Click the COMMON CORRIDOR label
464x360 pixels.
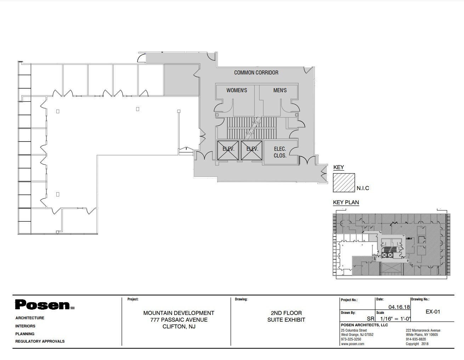point(256,72)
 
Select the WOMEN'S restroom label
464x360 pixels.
point(237,90)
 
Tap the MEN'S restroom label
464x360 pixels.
point(280,90)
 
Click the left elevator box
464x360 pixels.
point(228,150)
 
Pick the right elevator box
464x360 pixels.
point(252,150)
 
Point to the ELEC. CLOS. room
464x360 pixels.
point(280,152)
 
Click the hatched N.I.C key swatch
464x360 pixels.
point(344,183)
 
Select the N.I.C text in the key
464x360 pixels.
point(363,188)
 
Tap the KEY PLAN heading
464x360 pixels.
point(346,203)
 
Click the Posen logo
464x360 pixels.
point(45,305)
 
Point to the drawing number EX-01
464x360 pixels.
point(432,312)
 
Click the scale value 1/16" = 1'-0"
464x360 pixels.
point(393,319)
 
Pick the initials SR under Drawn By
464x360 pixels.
point(370,319)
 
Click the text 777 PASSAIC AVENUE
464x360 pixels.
point(179,320)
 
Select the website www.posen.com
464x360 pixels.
point(352,344)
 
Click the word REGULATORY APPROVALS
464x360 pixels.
point(40,341)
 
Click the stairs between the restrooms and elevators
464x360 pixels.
point(252,128)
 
